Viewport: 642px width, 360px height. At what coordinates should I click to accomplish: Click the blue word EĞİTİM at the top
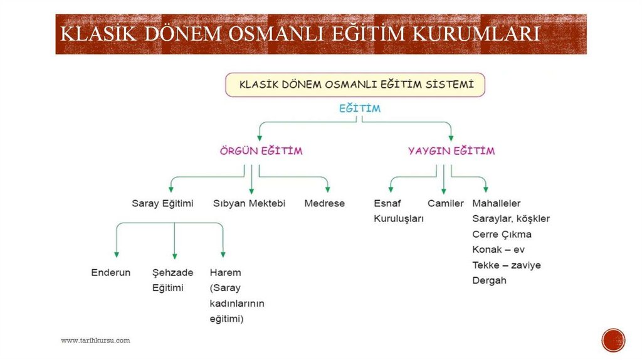360,108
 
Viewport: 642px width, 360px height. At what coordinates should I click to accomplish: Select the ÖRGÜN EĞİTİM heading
261,151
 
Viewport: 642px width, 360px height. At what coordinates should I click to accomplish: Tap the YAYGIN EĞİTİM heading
451,151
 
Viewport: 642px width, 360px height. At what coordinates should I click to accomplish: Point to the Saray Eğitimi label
162,203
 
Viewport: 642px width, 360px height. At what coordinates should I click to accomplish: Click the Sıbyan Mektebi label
249,203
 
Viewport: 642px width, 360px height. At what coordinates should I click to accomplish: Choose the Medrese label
324,203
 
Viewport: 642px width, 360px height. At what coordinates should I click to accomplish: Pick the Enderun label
111,273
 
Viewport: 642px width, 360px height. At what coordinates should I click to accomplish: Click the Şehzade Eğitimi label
172,280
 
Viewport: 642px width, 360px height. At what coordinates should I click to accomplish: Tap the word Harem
225,273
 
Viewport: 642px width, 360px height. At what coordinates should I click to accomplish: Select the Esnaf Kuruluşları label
399,211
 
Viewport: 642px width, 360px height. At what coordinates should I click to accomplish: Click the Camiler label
446,203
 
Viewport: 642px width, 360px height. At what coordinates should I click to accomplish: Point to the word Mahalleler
496,203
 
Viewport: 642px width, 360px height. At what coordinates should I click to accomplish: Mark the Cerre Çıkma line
502,234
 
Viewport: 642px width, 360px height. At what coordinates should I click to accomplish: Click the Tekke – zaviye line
506,265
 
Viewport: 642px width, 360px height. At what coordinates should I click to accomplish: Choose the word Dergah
489,280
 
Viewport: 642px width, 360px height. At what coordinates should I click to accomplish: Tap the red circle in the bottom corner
613,340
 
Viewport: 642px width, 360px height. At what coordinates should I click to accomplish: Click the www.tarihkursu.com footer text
95,340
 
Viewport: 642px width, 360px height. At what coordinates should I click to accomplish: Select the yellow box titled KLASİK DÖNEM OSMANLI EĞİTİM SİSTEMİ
355,85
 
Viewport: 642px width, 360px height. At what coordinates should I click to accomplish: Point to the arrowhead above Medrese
327,189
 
